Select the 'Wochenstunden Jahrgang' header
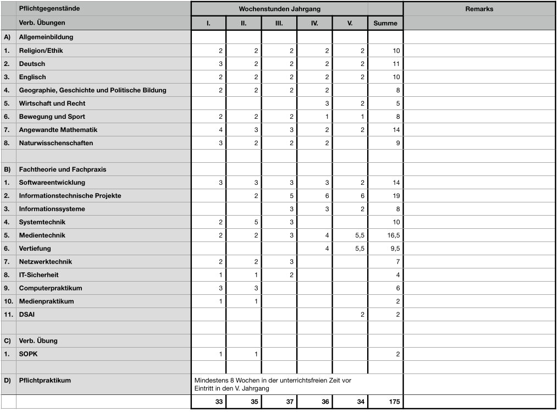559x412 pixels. click(x=279, y=9)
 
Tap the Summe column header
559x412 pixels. click(x=385, y=23)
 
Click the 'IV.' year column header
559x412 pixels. click(x=314, y=23)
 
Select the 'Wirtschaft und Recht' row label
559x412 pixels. click(x=52, y=103)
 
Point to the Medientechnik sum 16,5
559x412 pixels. click(x=394, y=235)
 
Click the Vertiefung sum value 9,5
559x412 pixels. click(x=395, y=249)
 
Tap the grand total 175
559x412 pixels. click(x=394, y=402)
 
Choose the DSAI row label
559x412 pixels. click(x=27, y=315)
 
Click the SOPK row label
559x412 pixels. click(x=28, y=354)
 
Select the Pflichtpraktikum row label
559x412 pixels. click(x=45, y=381)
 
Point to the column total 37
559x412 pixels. click(x=290, y=402)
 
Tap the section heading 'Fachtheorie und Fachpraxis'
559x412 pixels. click(x=62, y=169)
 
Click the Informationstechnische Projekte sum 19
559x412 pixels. click(x=396, y=196)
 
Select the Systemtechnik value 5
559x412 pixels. click(x=256, y=222)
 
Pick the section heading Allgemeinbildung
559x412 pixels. click(x=46, y=37)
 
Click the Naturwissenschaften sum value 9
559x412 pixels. click(x=397, y=143)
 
